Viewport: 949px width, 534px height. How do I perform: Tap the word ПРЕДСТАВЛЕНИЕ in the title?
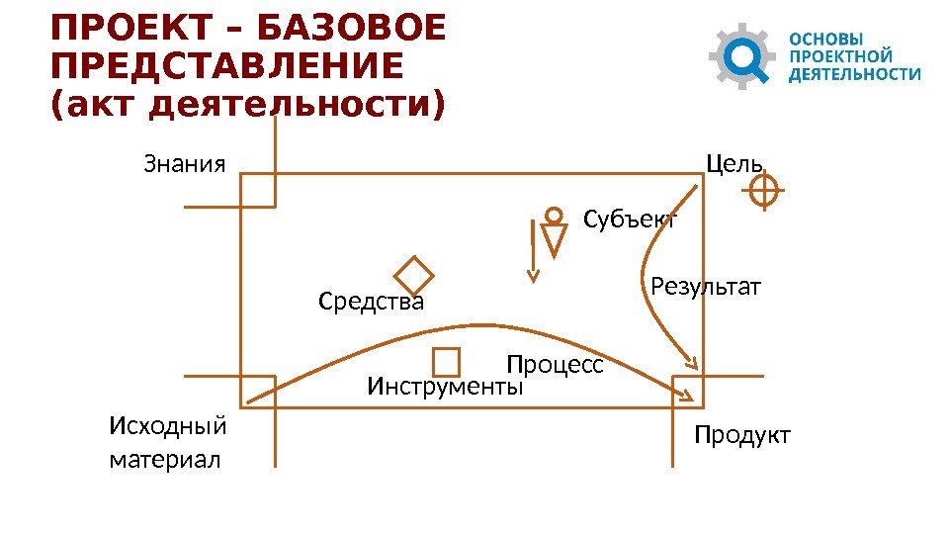click(226, 66)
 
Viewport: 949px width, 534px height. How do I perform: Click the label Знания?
click(185, 163)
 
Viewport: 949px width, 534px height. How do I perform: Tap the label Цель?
click(733, 163)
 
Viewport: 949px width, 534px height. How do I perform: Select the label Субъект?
click(631, 220)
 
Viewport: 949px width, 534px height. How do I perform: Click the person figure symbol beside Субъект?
click(555, 232)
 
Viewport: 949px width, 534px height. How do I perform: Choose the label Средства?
click(371, 302)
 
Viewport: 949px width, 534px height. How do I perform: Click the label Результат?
click(706, 288)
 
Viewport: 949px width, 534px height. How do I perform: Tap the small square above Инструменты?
click(447, 362)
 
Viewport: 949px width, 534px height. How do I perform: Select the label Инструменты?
click(445, 387)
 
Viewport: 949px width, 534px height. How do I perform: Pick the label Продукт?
click(742, 435)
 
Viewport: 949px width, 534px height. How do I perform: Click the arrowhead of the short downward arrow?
click(533, 276)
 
